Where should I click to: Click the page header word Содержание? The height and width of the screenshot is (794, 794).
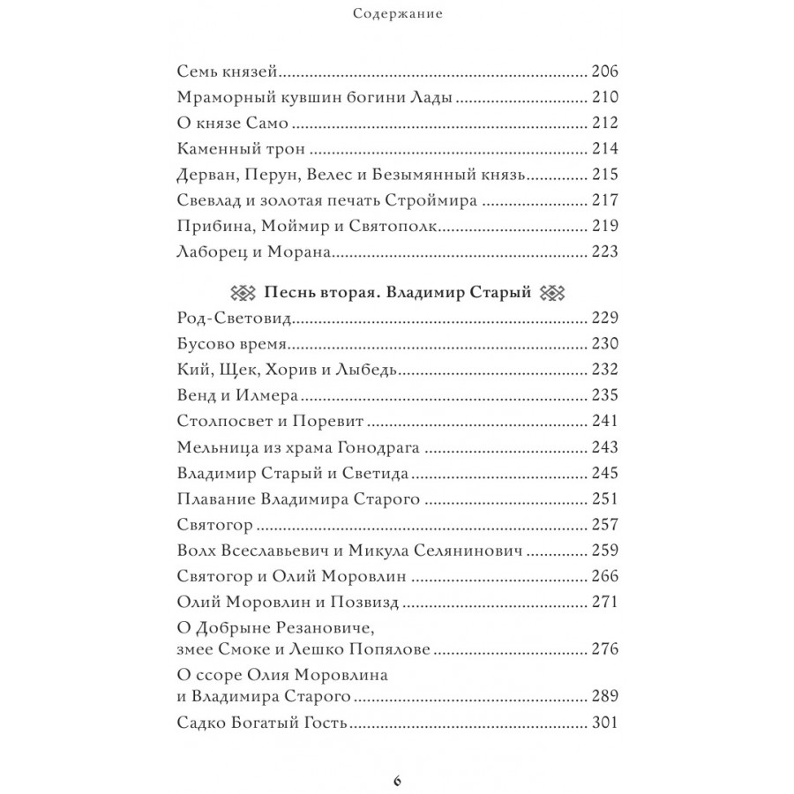396,13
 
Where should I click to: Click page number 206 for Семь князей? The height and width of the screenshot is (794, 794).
604,71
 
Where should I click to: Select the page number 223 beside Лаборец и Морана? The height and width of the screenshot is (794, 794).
604,252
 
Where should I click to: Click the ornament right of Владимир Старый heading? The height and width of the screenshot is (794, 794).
550,294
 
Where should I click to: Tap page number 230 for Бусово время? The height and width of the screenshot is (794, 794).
604,344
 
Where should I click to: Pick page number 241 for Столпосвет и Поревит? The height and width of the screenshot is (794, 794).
604,422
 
